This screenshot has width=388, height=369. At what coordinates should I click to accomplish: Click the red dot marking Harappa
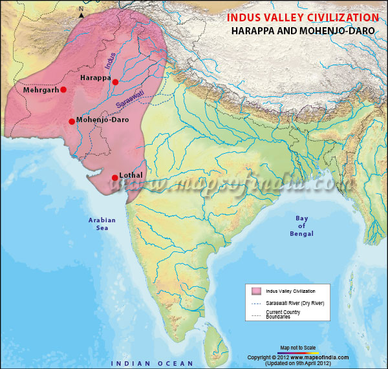click(x=115, y=82)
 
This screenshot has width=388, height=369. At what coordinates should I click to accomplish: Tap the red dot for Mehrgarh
click(x=63, y=90)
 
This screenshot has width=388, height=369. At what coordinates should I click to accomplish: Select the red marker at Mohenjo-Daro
click(x=71, y=121)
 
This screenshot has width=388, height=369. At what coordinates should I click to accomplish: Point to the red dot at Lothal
click(x=114, y=178)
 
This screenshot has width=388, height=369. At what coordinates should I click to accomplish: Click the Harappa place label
click(x=96, y=78)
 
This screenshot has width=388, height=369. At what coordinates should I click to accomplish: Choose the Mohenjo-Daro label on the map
click(x=102, y=120)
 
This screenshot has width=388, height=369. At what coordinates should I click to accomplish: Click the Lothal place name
click(x=131, y=175)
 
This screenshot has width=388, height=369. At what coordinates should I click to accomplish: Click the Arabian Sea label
click(x=102, y=224)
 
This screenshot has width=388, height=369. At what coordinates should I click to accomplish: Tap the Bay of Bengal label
click(x=301, y=226)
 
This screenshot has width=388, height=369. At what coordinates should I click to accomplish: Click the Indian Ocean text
click(x=153, y=364)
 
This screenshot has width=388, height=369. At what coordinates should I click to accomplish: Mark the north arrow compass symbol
click(x=81, y=12)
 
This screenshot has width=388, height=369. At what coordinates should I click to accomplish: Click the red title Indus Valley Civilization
click(x=303, y=17)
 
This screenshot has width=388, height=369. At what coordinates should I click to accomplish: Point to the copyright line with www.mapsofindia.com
click(x=298, y=357)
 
